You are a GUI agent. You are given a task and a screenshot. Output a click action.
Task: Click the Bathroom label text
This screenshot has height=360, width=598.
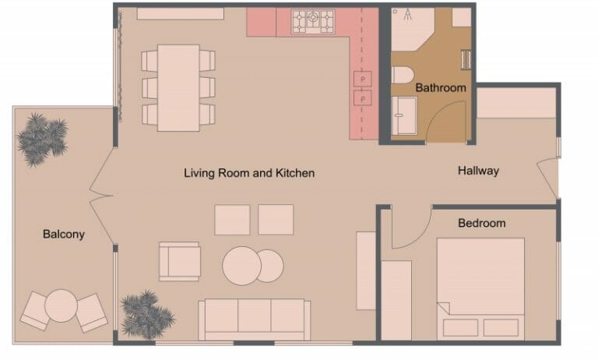[x=440, y=87]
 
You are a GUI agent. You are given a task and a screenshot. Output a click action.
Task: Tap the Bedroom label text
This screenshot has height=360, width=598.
[x=481, y=223]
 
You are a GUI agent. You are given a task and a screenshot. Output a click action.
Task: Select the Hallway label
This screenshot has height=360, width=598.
[x=478, y=171]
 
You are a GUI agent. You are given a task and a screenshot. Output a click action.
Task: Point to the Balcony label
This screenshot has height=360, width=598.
[x=64, y=234]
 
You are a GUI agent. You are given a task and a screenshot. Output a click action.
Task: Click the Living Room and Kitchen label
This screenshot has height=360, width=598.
[x=249, y=173]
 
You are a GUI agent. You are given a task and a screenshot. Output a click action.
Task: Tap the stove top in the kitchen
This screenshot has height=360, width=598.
[x=313, y=22]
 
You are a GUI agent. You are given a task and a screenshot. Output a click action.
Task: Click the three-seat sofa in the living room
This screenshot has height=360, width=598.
[x=255, y=318]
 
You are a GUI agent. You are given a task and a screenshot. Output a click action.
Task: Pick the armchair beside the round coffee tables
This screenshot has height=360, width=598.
[x=180, y=261]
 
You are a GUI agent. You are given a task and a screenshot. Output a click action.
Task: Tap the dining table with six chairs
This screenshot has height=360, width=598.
[x=178, y=86]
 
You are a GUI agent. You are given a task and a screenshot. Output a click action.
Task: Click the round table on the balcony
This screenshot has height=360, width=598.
[x=60, y=305]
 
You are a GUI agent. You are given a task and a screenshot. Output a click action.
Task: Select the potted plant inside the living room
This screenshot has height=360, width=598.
[x=146, y=314]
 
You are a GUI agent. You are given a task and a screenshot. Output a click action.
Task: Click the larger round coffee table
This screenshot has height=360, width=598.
[x=241, y=266]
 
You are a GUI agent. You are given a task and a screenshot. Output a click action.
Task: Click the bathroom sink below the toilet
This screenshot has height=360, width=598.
[x=404, y=116]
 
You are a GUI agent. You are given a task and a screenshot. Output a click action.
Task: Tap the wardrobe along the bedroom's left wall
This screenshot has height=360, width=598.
[x=396, y=300]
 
